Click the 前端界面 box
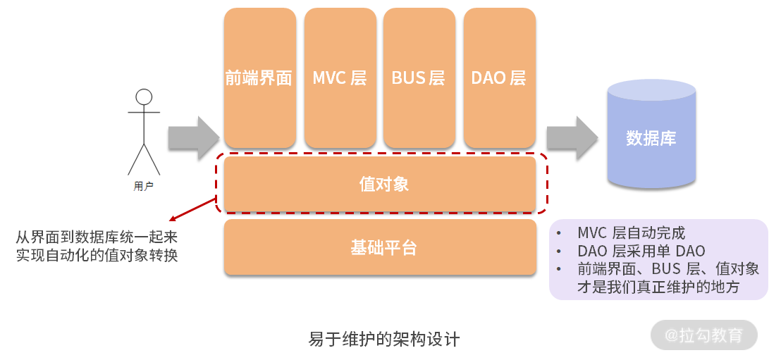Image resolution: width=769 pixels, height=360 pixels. click(x=259, y=77)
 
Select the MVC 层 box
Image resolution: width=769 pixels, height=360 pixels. click(x=340, y=77)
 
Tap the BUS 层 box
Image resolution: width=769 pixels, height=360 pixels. click(x=419, y=77)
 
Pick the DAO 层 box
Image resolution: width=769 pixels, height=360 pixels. click(x=499, y=77)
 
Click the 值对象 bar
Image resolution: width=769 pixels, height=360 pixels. click(x=380, y=185)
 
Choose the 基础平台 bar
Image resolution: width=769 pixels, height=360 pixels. click(x=380, y=247)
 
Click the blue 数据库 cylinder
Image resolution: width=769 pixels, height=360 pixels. click(x=651, y=137)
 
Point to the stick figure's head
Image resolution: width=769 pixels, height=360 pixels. click(x=144, y=97)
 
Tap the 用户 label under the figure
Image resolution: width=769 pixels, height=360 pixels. click(x=144, y=187)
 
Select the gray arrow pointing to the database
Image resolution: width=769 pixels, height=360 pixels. click(x=572, y=138)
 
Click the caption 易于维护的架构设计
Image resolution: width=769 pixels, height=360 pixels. click(x=384, y=340)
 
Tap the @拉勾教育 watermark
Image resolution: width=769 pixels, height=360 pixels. click(x=703, y=335)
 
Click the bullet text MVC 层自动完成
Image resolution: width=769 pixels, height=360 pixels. click(x=631, y=233)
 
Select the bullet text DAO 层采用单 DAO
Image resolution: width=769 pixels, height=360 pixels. click(x=641, y=251)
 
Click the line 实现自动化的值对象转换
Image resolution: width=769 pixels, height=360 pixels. click(x=97, y=255)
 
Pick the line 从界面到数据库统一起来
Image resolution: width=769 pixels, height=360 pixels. click(x=97, y=237)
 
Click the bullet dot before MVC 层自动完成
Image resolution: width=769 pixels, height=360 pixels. click(x=559, y=233)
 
